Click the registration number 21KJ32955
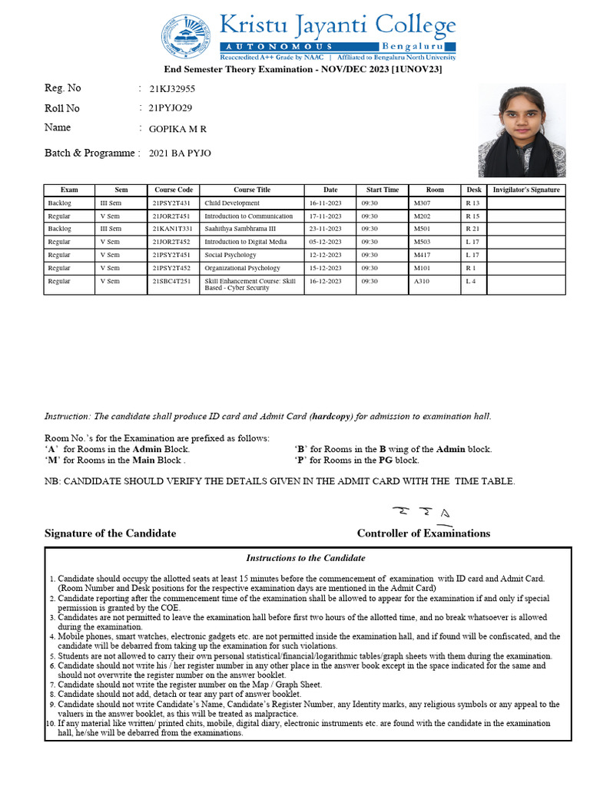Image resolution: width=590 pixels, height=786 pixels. pos(172,89)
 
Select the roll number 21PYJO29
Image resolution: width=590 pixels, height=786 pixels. pos(171,108)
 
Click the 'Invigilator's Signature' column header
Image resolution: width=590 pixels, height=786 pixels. pos(526,190)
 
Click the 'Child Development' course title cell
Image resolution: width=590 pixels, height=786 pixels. pos(232,203)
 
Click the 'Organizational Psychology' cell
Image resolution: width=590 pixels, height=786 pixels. pos(242,269)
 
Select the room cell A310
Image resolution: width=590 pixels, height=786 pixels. pos(422,282)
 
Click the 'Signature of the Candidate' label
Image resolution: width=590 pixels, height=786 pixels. pos(110,533)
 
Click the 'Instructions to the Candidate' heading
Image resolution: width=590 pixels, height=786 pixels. pos(306,558)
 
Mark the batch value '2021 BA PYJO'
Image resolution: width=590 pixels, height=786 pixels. pos(180,154)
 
